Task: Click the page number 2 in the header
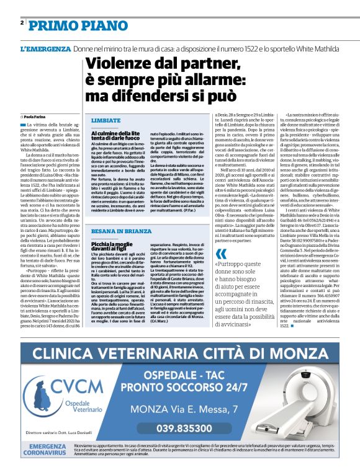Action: (x=22, y=23)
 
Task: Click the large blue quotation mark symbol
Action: (x=221, y=255)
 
